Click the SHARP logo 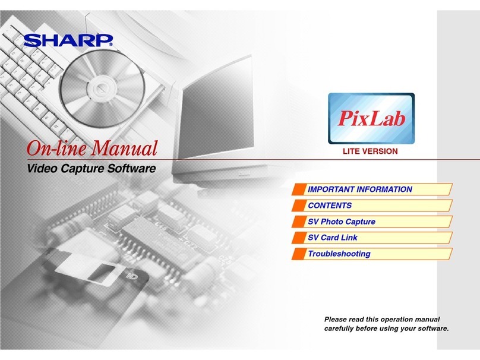pos(68,41)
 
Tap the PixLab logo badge pos(372,118)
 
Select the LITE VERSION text pos(370,151)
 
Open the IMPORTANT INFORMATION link pos(359,190)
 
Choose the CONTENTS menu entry pos(330,206)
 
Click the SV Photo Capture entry pos(341,222)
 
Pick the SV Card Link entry pos(332,238)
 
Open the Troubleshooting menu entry pos(339,254)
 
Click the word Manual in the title pos(125,147)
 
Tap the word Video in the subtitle pos(42,169)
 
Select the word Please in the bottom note pos(336,320)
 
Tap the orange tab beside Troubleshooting pos(299,254)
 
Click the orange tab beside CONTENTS pos(299,206)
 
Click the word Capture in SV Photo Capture pos(360,222)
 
